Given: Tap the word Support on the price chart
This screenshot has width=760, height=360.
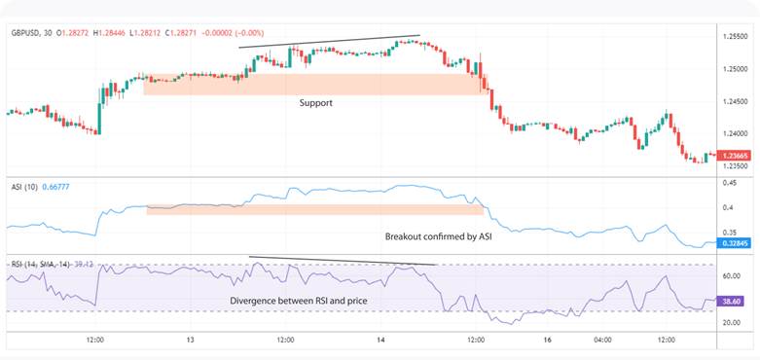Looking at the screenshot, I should pyautogui.click(x=316, y=101).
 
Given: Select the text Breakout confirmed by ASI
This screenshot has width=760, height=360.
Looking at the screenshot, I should pyautogui.click(x=438, y=236).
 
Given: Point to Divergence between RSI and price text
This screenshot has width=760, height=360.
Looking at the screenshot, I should pyautogui.click(x=298, y=301).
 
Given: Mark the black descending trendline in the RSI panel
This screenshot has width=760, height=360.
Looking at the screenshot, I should pyautogui.click(x=341, y=261).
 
